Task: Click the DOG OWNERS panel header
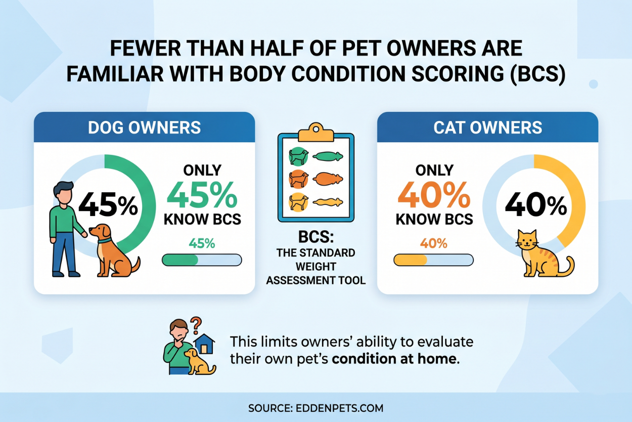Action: click(144, 127)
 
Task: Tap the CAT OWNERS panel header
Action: click(487, 127)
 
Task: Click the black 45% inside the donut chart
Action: click(108, 206)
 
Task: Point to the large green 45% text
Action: click(202, 195)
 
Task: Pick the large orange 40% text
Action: click(433, 195)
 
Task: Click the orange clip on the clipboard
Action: click(315, 132)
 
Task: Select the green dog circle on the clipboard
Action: click(298, 156)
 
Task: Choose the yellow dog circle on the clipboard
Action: click(298, 202)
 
